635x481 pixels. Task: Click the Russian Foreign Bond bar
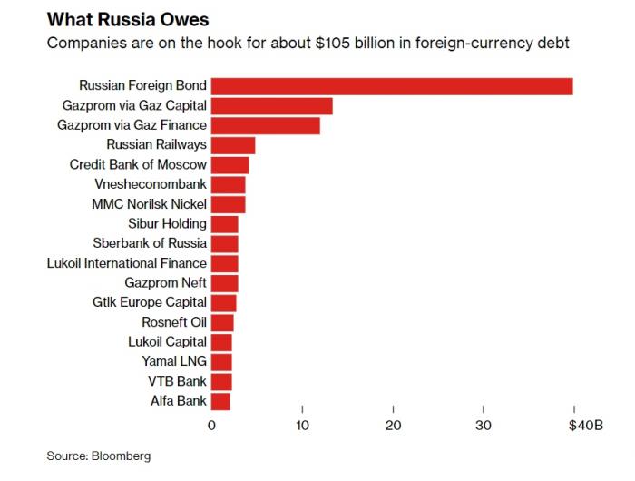click(x=392, y=86)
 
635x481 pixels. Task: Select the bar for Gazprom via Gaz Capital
click(x=272, y=106)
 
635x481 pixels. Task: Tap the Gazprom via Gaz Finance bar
click(x=266, y=125)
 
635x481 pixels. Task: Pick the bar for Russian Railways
click(x=233, y=145)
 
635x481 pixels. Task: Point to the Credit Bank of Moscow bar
click(x=230, y=165)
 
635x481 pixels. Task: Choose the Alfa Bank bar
click(x=220, y=400)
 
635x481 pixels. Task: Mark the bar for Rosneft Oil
click(x=222, y=322)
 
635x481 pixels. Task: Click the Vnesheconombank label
click(x=150, y=184)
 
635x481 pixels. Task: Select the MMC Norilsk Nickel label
click(x=150, y=204)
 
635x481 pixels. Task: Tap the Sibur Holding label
click(x=168, y=223)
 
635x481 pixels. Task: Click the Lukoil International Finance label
click(x=127, y=263)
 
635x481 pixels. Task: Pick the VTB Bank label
click(x=178, y=380)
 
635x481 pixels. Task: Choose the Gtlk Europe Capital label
click(x=150, y=302)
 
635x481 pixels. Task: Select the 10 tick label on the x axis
click(x=303, y=426)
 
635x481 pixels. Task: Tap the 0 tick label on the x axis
click(x=212, y=426)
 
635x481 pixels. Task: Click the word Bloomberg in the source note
click(x=121, y=456)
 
